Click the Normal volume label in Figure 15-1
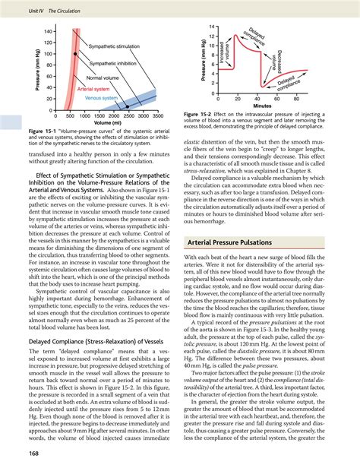pyautogui.click(x=106, y=78)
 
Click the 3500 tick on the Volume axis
pyautogui.click(x=157, y=116)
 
